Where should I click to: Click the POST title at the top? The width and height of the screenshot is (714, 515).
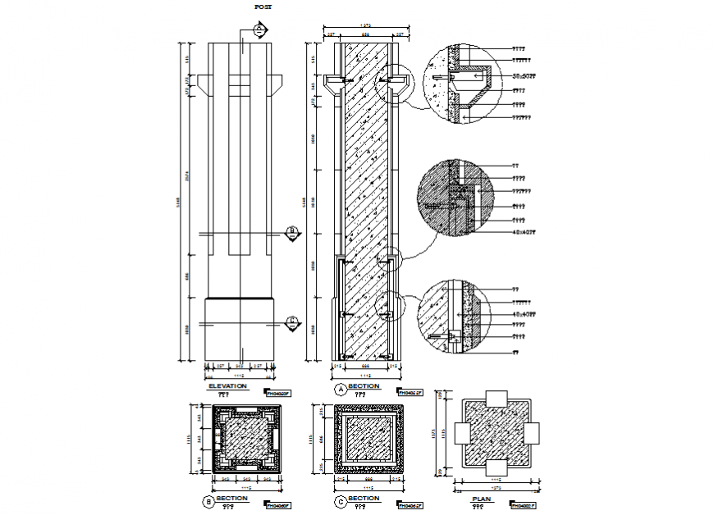(263, 7)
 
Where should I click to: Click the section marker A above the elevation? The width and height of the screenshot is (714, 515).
(259, 30)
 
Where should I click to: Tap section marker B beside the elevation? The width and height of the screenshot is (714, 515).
(291, 231)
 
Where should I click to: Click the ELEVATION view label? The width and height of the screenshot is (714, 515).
(228, 385)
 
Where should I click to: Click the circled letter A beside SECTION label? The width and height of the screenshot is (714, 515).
(340, 388)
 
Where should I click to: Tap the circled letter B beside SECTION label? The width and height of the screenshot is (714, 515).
(208, 500)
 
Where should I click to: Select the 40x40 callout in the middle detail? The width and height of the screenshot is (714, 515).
(524, 232)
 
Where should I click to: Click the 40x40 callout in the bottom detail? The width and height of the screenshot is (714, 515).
(524, 313)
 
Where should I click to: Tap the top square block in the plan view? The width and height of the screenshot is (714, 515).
(497, 400)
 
